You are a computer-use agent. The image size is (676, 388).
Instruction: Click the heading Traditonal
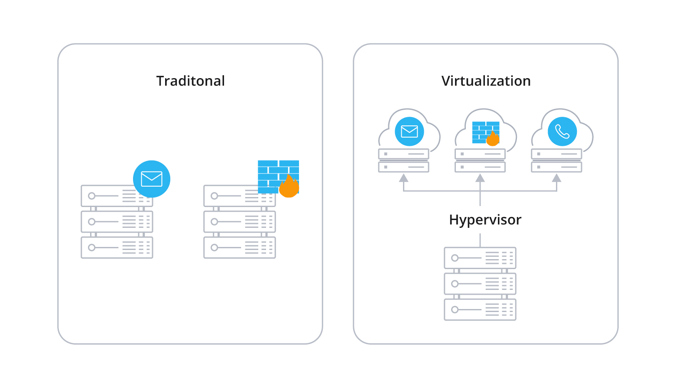[191, 81]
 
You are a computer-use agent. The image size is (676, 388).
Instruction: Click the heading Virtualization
[486, 81]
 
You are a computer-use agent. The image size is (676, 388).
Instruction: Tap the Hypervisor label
[485, 220]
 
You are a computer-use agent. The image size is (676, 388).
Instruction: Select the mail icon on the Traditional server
[152, 179]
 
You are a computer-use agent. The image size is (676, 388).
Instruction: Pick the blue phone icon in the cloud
[562, 132]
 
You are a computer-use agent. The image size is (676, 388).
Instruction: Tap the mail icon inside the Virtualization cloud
[409, 132]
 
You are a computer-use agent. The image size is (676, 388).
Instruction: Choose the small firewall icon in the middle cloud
[485, 132]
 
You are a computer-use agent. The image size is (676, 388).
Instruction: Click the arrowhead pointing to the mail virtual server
[403, 178]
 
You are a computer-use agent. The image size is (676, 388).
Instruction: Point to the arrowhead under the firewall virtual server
[480, 178]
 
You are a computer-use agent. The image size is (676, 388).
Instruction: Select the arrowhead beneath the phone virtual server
[556, 178]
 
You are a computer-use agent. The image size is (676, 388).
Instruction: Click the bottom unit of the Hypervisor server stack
[480, 309]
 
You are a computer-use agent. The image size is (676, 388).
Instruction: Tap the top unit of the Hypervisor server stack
[480, 258]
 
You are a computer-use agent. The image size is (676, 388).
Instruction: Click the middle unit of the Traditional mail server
[117, 222]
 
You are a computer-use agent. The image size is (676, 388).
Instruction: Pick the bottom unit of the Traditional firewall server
[239, 247]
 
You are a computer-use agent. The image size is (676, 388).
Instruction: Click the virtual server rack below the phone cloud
[556, 161]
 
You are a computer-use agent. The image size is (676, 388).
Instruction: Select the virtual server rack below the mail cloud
[403, 161]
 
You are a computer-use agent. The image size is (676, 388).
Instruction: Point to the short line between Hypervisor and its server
[480, 240]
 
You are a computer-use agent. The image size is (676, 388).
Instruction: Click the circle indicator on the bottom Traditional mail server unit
[91, 247]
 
